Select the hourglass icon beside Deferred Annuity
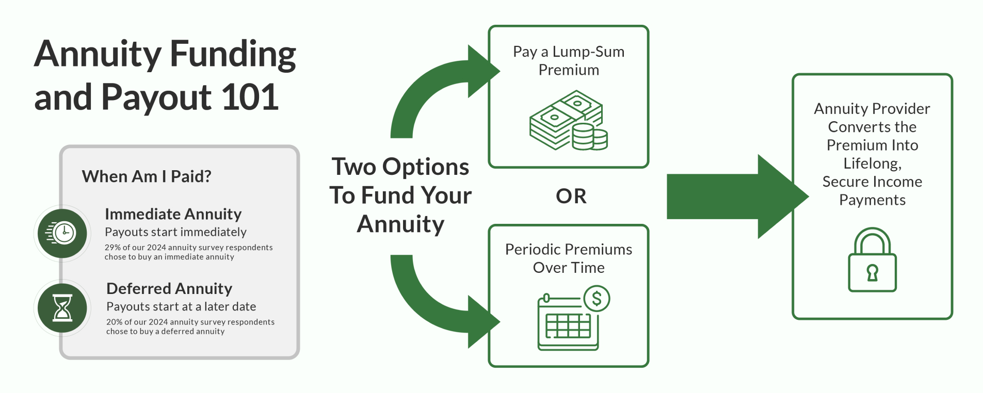pyautogui.click(x=62, y=308)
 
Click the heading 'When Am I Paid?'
pyautogui.click(x=147, y=176)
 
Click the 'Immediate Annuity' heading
pyautogui.click(x=173, y=214)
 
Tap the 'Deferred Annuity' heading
pyautogui.click(x=169, y=288)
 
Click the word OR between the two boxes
pyautogui.click(x=571, y=196)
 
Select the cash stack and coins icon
pyautogui.click(x=568, y=121)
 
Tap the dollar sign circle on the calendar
pyautogui.click(x=597, y=299)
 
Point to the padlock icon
pyautogui.click(x=872, y=260)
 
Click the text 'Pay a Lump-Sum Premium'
pyautogui.click(x=569, y=61)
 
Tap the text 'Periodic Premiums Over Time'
pyautogui.click(x=569, y=258)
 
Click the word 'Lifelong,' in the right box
pyautogui.click(x=872, y=163)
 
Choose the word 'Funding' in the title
pyautogui.click(x=233, y=54)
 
